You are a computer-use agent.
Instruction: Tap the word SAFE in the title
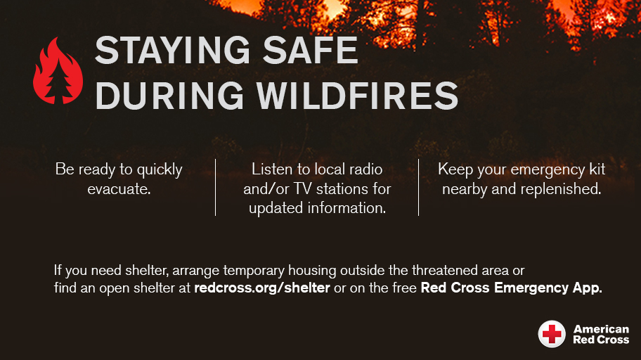(x=314, y=52)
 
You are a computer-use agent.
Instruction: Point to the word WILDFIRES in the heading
(x=357, y=95)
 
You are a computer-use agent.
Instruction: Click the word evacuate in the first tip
(x=119, y=188)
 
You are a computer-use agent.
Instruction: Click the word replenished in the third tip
(x=564, y=188)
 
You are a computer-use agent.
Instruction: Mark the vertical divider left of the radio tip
(x=215, y=187)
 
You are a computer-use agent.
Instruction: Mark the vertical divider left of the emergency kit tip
(x=418, y=187)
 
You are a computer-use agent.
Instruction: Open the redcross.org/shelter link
(x=262, y=288)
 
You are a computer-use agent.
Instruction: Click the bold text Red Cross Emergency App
(x=511, y=288)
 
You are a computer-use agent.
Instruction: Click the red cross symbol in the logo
(x=552, y=334)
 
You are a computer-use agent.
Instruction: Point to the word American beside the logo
(x=601, y=329)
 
